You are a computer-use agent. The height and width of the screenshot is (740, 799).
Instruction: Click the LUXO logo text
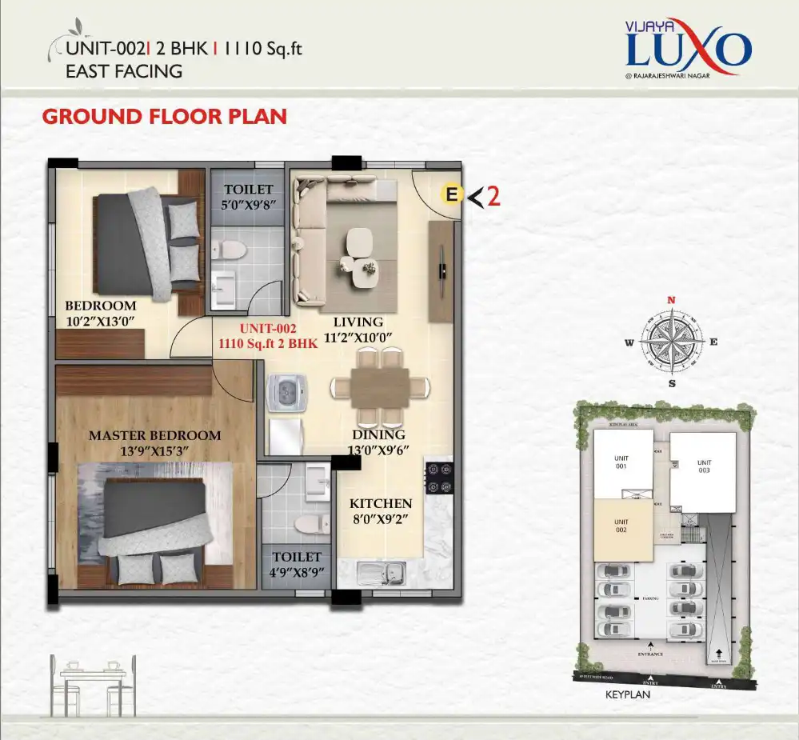(688, 50)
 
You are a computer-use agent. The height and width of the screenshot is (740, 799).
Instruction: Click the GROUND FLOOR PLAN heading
(164, 116)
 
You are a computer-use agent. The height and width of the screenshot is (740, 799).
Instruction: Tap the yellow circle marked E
(452, 194)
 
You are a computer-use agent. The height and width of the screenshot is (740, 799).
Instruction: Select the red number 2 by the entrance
(493, 196)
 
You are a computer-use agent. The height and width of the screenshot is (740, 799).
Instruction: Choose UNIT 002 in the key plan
(621, 527)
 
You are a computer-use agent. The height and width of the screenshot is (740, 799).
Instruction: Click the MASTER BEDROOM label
(154, 436)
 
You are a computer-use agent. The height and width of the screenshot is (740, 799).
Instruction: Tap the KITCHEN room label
(381, 503)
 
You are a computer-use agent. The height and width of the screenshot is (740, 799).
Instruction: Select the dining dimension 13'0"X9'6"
(378, 450)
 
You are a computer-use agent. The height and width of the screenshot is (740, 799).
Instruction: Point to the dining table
(370, 387)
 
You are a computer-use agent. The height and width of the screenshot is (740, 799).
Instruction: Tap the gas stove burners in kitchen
(440, 478)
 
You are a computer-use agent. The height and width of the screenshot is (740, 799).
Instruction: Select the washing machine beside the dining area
(285, 393)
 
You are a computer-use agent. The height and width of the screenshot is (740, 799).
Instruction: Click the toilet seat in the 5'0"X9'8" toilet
(232, 250)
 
